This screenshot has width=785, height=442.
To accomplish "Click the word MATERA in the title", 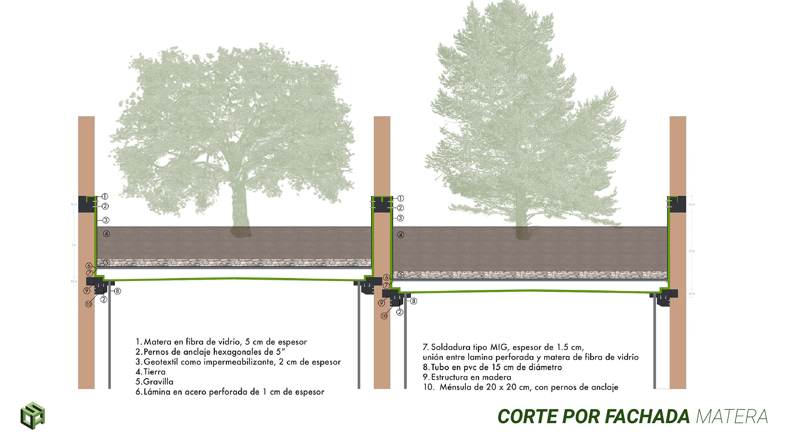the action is pos(731,417).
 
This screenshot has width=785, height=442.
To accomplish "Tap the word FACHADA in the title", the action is pos(647,417).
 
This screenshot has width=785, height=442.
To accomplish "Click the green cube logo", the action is pos(33,416).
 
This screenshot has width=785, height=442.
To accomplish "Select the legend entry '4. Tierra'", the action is pos(150,372).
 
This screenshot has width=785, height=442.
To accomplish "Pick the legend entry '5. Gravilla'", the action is pos(155,381).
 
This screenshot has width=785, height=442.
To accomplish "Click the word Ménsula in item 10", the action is pos(454,387).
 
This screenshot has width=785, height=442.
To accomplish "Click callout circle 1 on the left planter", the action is pos(105,196).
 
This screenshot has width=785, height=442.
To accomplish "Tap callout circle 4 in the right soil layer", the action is pos(401,235).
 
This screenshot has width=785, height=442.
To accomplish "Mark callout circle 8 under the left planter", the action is pos(117,291).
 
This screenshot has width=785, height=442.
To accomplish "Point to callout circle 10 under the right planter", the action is pos(384,316).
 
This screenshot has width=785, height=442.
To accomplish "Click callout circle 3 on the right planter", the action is pos(400,218).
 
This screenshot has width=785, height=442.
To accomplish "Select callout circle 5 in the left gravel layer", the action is pos(106,262).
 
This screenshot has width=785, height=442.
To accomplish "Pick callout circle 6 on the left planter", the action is pos(89,266).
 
